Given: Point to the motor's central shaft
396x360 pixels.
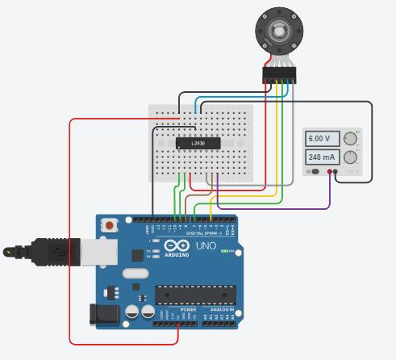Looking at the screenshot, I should click(x=278, y=32).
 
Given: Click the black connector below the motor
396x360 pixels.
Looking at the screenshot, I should click(x=279, y=75).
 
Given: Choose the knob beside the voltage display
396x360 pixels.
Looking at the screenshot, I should click(x=350, y=138).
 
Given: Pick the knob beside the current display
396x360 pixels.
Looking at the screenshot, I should click(x=350, y=157).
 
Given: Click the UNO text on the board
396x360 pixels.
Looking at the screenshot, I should click(x=206, y=245).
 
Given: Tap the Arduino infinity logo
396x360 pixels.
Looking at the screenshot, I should click(x=176, y=245).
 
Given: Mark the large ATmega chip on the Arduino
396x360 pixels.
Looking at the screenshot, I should click(x=196, y=296).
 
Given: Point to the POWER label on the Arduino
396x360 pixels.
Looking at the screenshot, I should click(x=188, y=309).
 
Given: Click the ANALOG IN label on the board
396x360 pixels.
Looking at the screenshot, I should click(x=223, y=309).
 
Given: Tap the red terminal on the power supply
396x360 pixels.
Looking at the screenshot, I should click(x=329, y=171).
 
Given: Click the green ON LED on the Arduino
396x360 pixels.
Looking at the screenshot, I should click(x=231, y=251).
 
